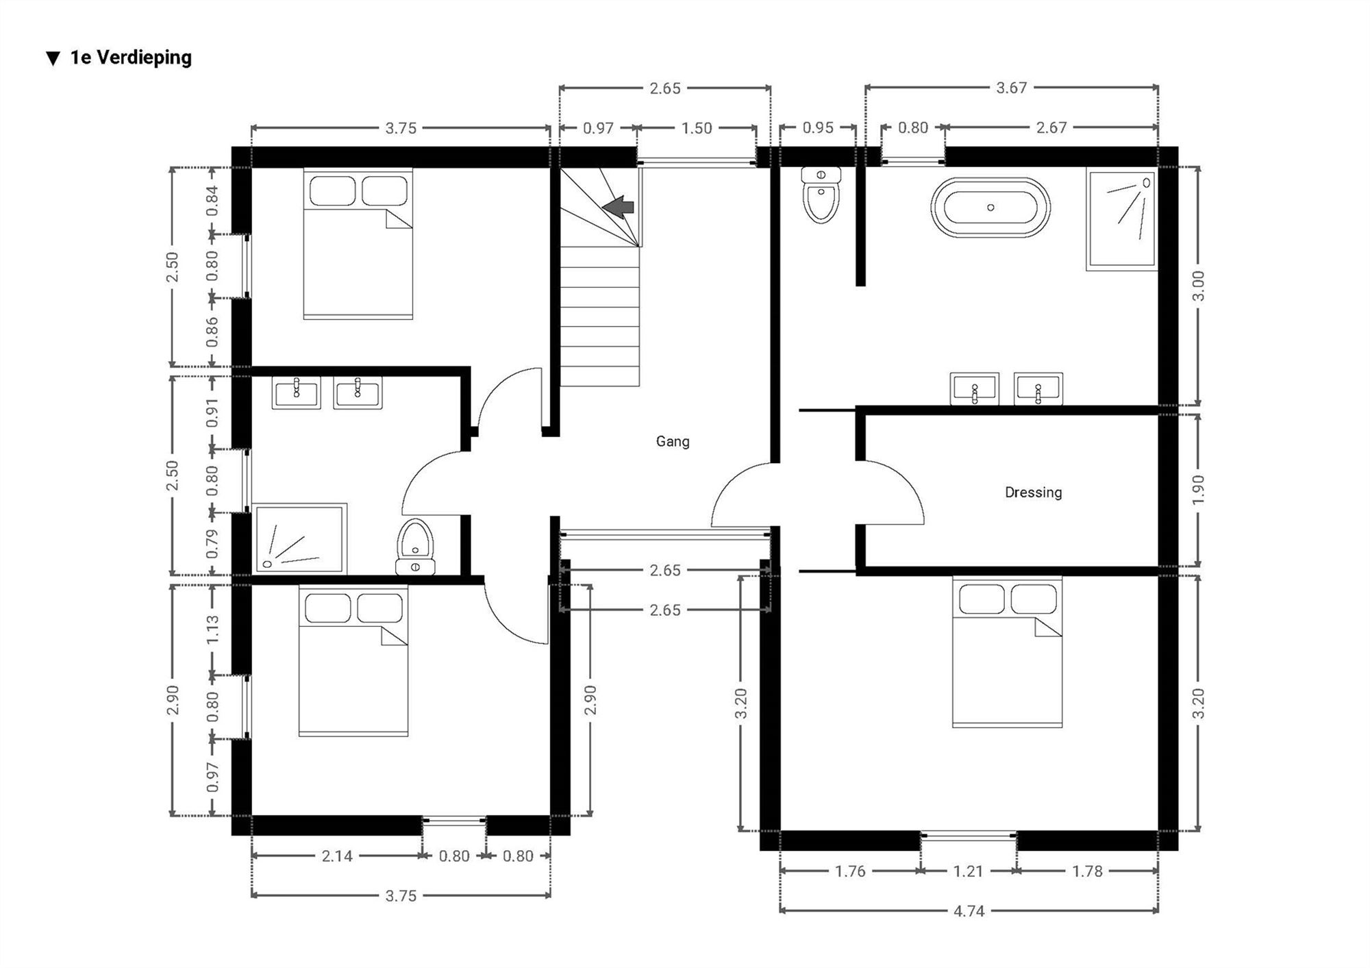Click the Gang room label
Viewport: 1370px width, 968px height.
click(x=672, y=442)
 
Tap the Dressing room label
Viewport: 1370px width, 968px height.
click(x=1033, y=493)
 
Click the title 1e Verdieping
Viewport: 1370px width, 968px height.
click(x=130, y=58)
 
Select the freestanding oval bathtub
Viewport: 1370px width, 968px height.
click(x=990, y=207)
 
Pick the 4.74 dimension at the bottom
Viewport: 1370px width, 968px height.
click(x=969, y=911)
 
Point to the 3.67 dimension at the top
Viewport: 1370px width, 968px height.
click(x=1011, y=88)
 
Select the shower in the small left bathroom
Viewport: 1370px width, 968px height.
click(x=299, y=538)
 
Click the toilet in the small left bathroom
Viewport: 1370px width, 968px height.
click(x=415, y=546)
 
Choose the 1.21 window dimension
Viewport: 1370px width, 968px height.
click(x=968, y=871)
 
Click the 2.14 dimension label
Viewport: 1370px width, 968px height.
click(x=336, y=856)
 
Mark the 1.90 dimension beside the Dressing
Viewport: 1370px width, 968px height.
click(x=1198, y=490)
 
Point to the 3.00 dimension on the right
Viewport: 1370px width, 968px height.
click(x=1198, y=286)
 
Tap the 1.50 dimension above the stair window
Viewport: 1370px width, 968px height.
click(x=696, y=128)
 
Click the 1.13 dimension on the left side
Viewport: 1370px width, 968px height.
click(x=212, y=628)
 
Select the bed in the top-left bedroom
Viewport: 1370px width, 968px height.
click(x=358, y=243)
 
